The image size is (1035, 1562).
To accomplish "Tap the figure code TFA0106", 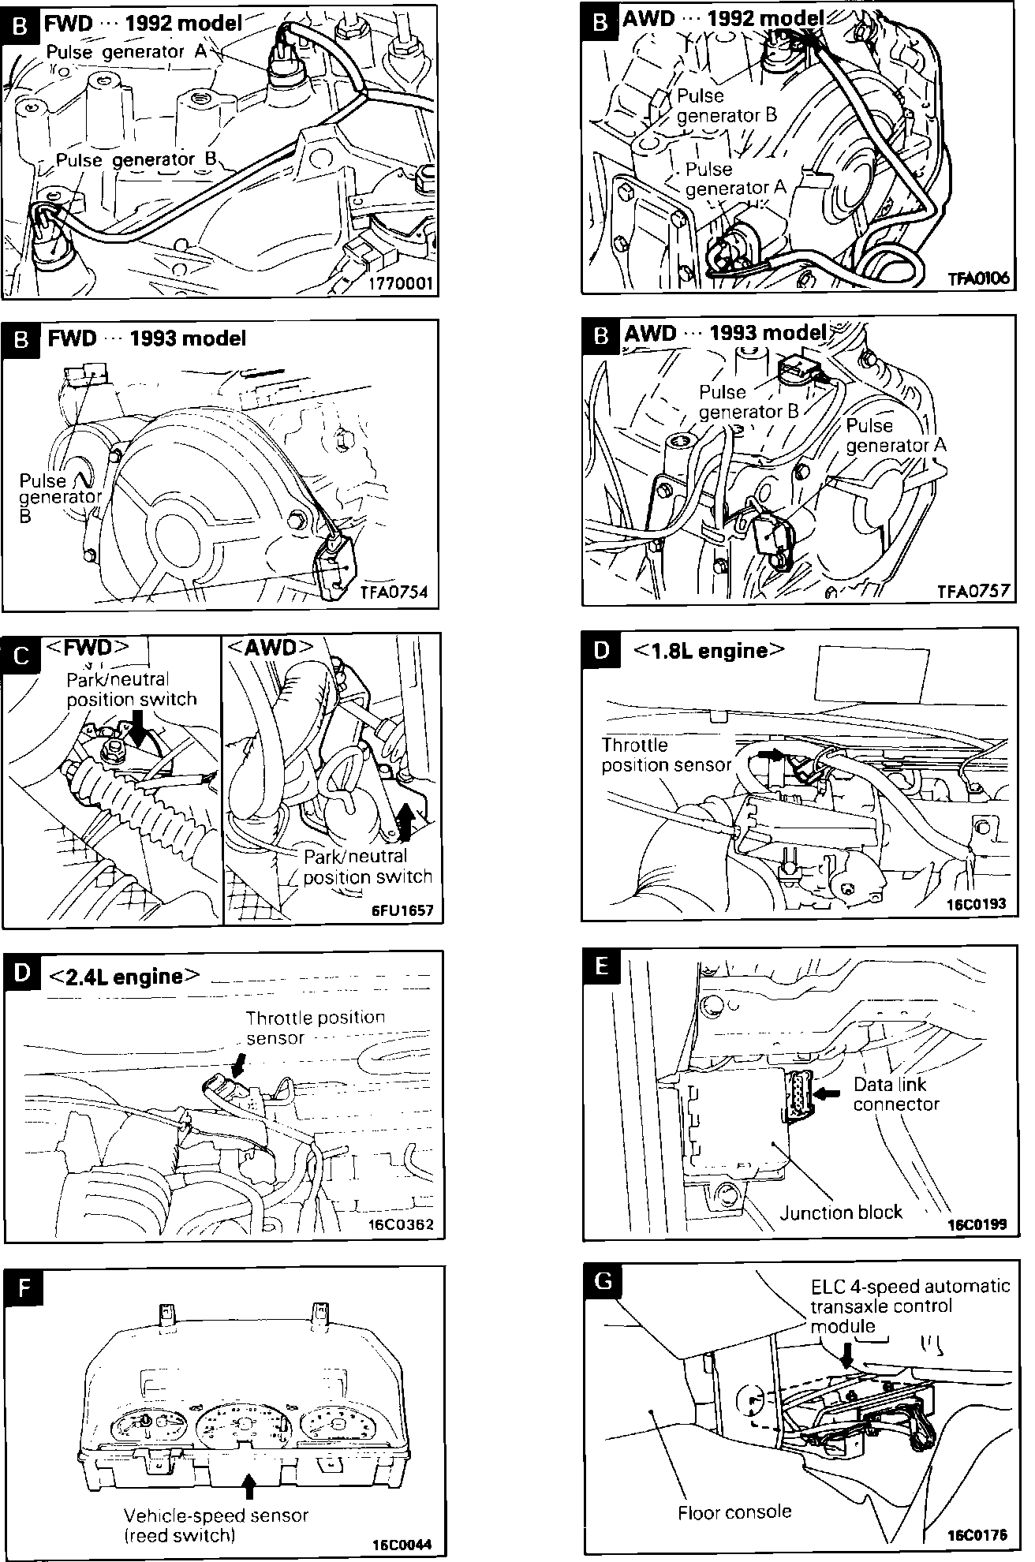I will [x=978, y=278].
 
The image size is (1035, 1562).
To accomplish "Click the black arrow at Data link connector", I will [x=828, y=1094].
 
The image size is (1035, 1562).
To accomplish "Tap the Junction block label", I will [x=840, y=1212].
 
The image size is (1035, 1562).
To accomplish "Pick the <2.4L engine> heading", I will [x=124, y=977].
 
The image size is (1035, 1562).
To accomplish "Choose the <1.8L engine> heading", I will [x=710, y=651].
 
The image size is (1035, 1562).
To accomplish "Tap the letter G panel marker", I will [x=603, y=1280].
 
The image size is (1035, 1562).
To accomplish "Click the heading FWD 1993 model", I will [x=147, y=338].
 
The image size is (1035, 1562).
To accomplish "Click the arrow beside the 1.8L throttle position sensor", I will [x=772, y=755].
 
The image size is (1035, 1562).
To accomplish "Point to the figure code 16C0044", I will [x=402, y=1544].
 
